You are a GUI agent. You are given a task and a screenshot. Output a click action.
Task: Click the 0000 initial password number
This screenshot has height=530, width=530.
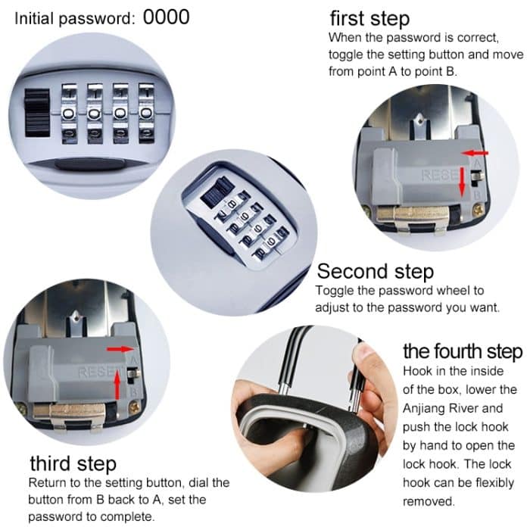(166, 16)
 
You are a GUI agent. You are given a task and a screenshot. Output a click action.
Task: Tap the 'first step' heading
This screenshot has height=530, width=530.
(369, 19)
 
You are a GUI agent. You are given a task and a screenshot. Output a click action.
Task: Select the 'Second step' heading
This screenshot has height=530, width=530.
(375, 271)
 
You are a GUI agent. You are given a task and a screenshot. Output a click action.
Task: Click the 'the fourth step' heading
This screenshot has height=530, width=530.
(462, 351)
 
